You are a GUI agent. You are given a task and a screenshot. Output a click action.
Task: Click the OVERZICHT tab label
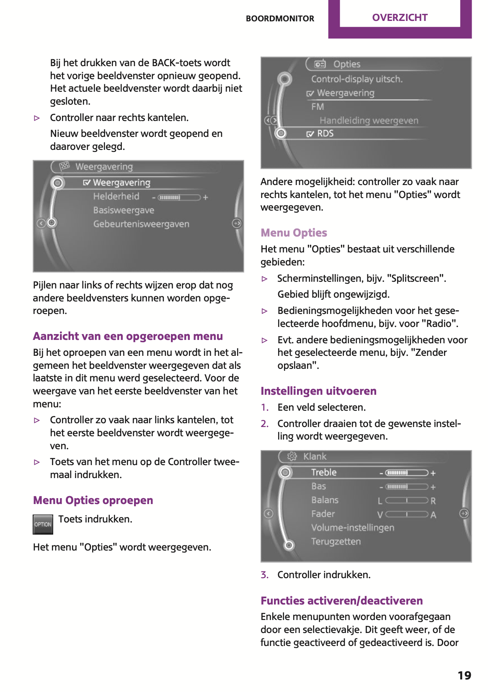click(x=400, y=18)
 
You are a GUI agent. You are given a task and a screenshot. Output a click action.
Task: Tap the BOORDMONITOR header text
click(x=280, y=18)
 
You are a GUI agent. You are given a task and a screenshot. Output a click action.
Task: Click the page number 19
click(x=464, y=675)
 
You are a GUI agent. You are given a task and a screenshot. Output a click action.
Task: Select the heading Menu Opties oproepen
click(x=93, y=500)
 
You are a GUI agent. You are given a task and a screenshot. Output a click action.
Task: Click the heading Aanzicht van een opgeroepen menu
click(x=128, y=336)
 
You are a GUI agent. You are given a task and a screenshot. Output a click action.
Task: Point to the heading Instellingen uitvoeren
click(x=318, y=391)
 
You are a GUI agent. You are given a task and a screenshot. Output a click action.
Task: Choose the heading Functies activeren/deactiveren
click(x=341, y=601)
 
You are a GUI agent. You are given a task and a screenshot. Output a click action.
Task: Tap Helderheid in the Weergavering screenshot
click(x=116, y=196)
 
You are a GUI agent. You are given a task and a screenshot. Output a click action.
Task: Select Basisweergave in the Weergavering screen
click(x=124, y=210)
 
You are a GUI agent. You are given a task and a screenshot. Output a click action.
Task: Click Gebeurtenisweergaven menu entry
click(x=141, y=224)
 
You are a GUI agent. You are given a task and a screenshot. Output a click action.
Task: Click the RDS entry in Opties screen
click(x=325, y=134)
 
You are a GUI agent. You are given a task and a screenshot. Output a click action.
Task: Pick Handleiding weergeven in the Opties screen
click(x=369, y=121)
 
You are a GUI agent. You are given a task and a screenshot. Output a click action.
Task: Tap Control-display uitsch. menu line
click(x=356, y=79)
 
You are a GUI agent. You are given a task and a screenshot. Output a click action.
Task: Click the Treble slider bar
click(x=406, y=473)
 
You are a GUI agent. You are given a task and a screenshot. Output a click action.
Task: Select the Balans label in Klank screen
click(x=325, y=500)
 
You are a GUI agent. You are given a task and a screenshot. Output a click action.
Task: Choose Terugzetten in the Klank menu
click(x=336, y=541)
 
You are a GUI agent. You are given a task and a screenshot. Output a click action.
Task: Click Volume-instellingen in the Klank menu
click(x=352, y=527)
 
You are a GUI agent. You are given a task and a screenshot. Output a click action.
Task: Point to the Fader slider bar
click(x=406, y=514)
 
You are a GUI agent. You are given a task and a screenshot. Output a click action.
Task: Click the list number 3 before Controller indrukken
click(x=264, y=575)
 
